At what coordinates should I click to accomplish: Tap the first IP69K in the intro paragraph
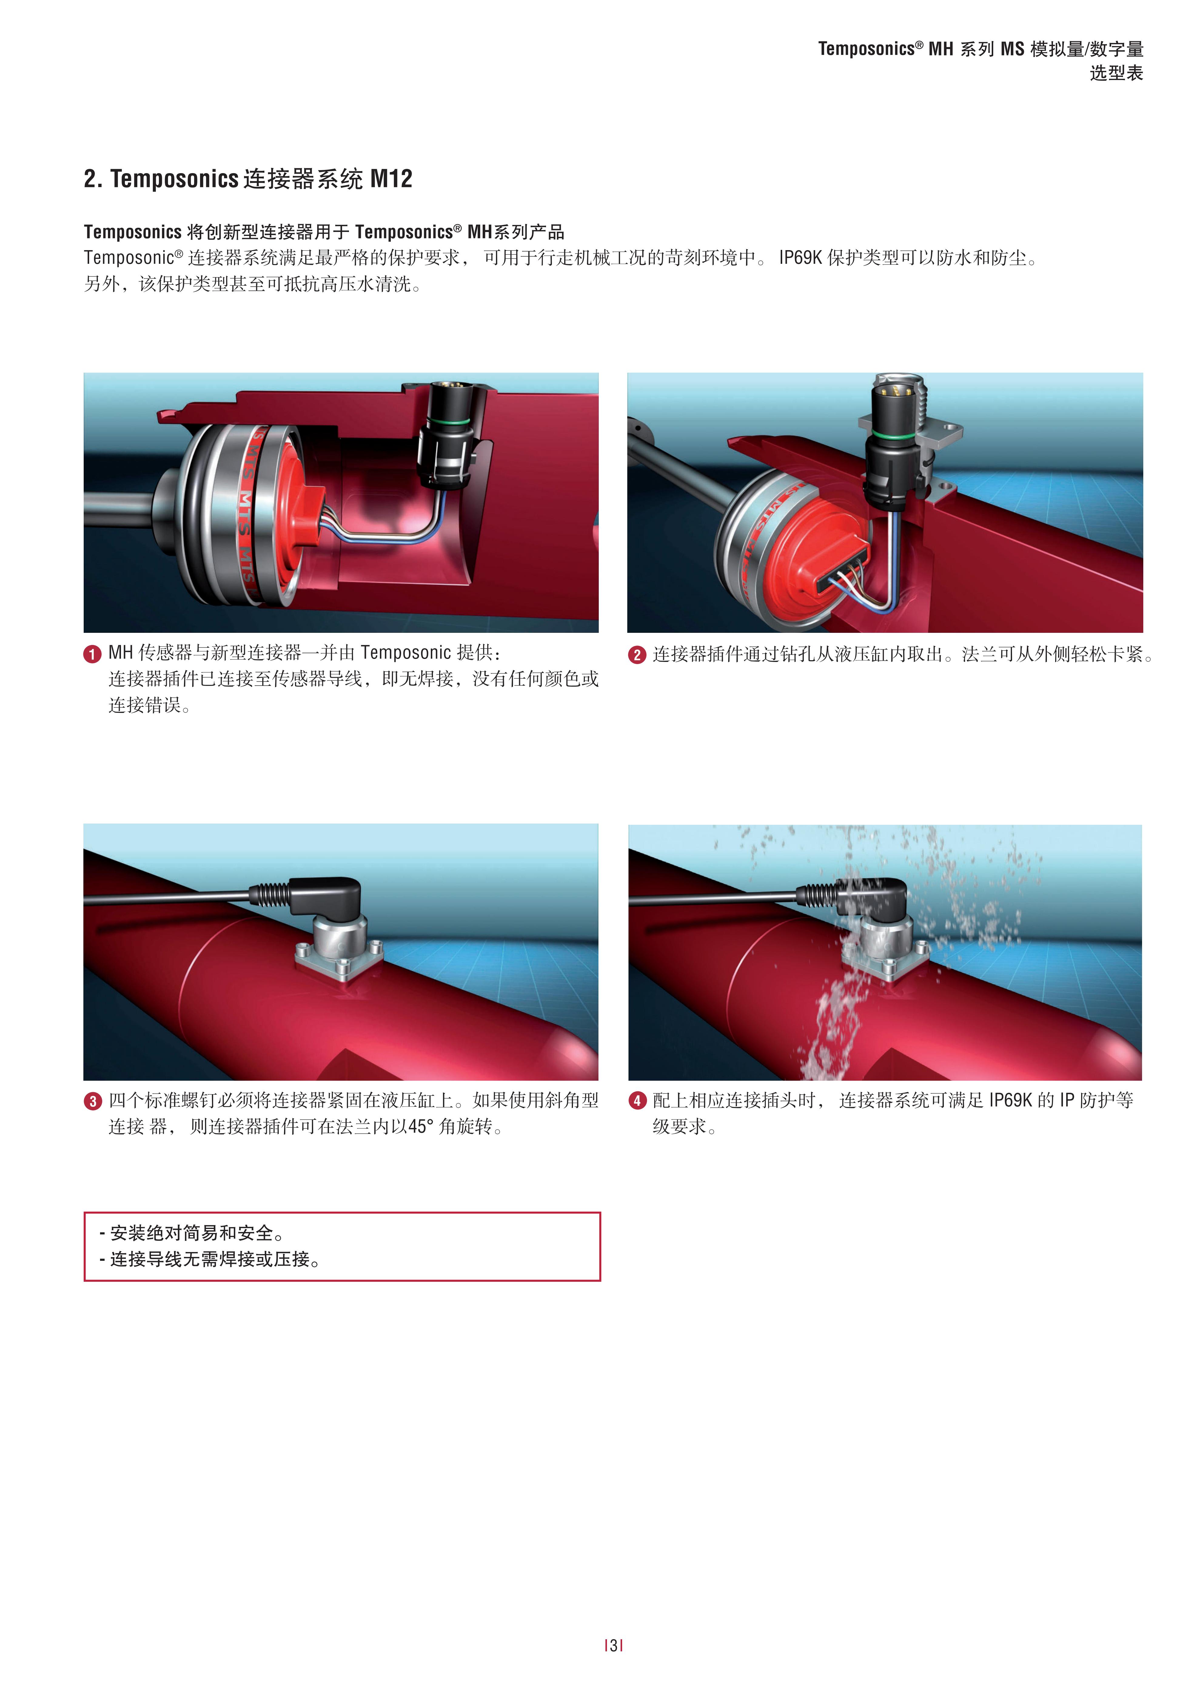[x=800, y=258]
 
